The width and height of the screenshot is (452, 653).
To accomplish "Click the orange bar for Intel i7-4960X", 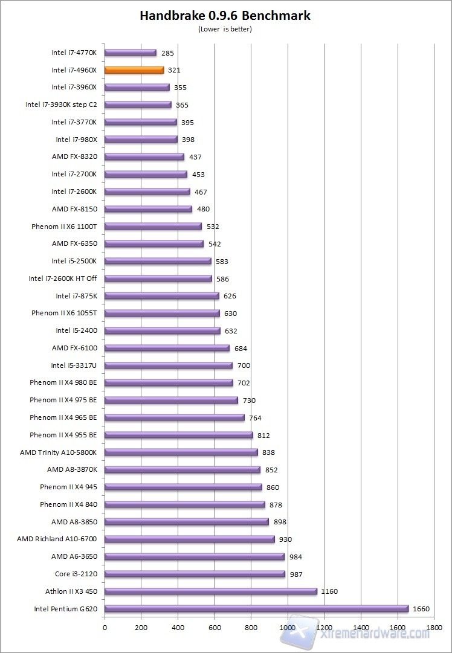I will point(134,70).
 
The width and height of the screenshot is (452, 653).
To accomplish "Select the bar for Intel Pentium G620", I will point(256,609).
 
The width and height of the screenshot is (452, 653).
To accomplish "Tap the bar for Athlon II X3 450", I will point(210,591).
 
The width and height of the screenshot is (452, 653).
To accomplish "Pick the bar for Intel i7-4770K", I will point(131,53).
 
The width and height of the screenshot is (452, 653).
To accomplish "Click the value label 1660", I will point(421,609).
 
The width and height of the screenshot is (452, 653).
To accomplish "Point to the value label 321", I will point(174,70).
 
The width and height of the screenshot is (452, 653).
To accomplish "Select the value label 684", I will point(241,349).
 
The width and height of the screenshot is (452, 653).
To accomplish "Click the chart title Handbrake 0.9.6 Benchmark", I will point(225,16).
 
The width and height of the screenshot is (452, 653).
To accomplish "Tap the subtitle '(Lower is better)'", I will point(225,28).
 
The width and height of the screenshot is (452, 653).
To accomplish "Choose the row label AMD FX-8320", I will point(74,157).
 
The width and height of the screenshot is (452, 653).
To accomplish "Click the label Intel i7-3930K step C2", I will point(61,105).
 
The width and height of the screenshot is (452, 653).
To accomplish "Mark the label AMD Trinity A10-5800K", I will point(58,452).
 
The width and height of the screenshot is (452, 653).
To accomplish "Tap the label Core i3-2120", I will point(76,574).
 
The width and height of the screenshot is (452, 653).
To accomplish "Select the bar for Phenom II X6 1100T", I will point(153,227).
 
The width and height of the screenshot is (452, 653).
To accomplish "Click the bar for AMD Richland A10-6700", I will point(189,539).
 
